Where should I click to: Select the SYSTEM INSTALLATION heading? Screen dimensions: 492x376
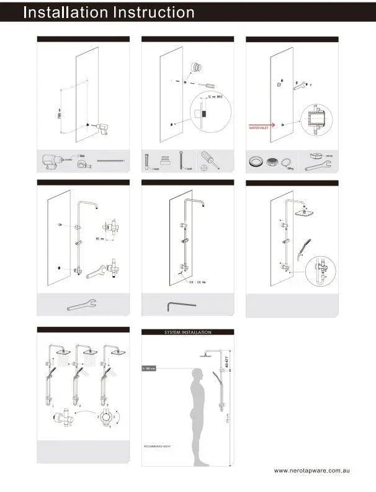pyautogui.click(x=187, y=333)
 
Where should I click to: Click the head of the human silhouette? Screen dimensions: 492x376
pyautogui.click(x=198, y=374)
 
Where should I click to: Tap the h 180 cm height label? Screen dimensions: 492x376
pyautogui.click(x=149, y=369)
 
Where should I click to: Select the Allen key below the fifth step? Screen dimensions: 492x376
pyautogui.click(x=181, y=304)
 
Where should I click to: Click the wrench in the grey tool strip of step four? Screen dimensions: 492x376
pyautogui.click(x=81, y=304)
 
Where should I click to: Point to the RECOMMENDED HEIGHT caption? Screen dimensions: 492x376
pyautogui.click(x=157, y=446)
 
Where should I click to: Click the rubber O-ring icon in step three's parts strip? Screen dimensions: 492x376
pyautogui.click(x=287, y=164)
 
